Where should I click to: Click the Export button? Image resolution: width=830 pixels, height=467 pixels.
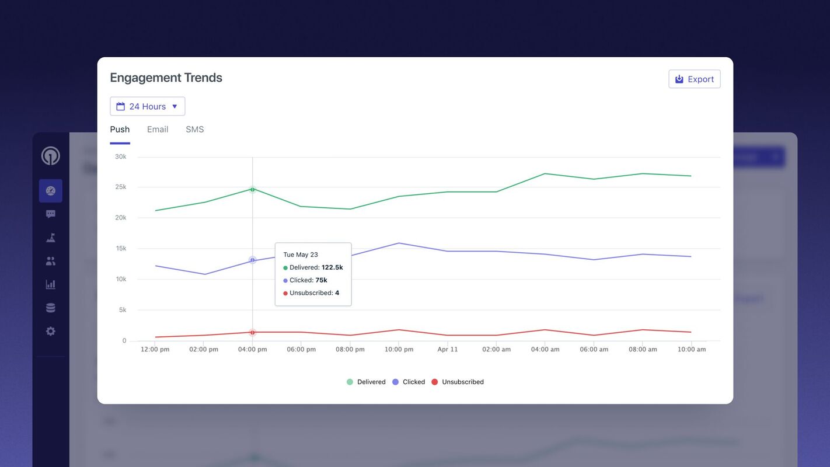(x=694, y=79)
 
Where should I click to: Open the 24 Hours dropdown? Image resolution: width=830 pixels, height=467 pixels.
(x=147, y=106)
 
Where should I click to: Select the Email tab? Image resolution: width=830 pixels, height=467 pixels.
(x=158, y=130)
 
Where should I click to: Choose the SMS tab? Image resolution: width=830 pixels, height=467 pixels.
(x=195, y=130)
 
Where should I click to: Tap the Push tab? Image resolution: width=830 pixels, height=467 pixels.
(x=120, y=130)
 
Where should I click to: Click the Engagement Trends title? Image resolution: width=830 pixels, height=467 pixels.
(x=166, y=78)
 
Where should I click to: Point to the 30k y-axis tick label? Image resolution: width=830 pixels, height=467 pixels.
(x=120, y=156)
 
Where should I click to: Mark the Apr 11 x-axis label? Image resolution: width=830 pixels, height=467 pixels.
(x=448, y=349)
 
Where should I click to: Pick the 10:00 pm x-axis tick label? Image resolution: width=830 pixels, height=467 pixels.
(x=399, y=349)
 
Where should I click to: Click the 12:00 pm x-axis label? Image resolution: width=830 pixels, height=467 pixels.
(x=155, y=349)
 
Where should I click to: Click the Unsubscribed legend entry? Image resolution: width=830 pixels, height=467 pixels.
(x=458, y=382)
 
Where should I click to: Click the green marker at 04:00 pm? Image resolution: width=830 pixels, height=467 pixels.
(x=253, y=189)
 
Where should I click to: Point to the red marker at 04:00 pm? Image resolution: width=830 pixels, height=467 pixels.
(x=253, y=332)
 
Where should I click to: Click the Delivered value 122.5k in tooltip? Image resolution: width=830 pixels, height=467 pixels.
(x=332, y=267)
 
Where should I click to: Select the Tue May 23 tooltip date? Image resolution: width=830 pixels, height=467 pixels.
(x=301, y=255)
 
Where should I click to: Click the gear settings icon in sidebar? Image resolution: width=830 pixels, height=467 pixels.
(x=51, y=331)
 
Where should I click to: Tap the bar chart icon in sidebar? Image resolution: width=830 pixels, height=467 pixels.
(x=51, y=284)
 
